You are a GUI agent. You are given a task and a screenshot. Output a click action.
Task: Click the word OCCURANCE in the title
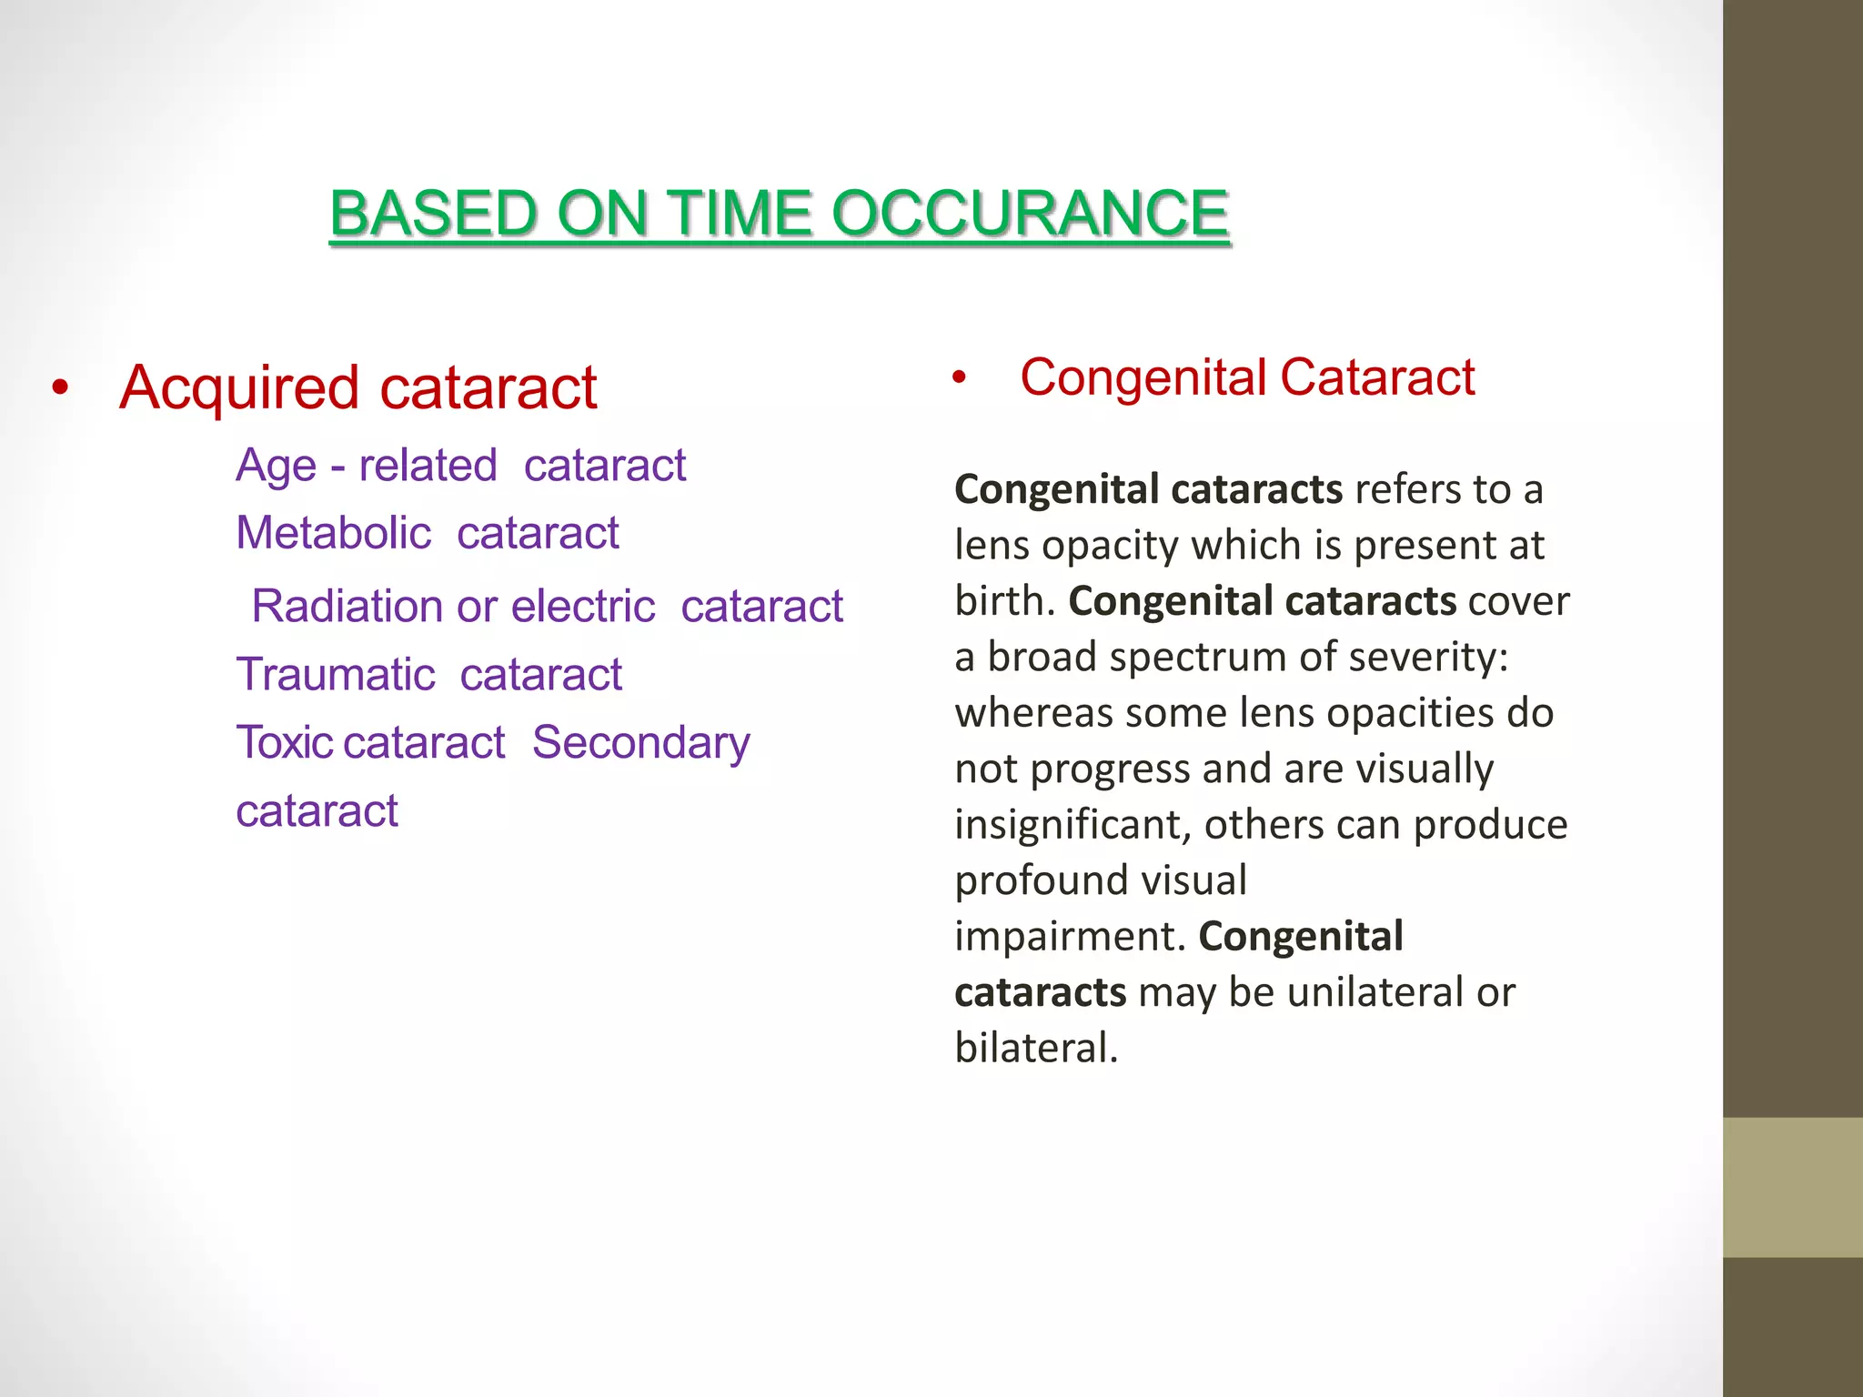point(1030,214)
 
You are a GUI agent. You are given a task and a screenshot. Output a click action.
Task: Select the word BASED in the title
point(433,214)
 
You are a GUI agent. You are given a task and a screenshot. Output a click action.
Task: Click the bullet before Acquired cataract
point(60,388)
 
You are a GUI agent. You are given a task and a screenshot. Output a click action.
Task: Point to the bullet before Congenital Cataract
point(959,377)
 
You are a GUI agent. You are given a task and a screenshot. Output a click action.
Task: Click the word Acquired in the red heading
point(239,388)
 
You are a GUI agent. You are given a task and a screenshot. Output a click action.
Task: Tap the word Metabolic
point(333,533)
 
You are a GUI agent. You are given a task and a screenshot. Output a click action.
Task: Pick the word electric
point(582,606)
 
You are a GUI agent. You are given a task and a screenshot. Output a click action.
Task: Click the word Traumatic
point(336,675)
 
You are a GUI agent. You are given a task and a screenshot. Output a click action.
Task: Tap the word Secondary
point(640,743)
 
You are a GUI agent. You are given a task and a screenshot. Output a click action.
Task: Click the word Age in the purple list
point(276,467)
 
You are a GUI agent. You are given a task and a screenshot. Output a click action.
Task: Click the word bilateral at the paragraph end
point(1035,1048)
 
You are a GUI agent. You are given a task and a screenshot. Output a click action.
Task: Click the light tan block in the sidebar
point(1793,1187)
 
